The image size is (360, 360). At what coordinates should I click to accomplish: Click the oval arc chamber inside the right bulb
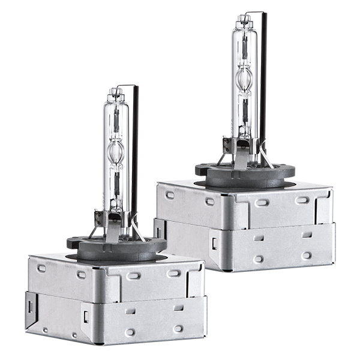pos(244,78)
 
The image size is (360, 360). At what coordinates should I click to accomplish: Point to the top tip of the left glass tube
pos(114,91)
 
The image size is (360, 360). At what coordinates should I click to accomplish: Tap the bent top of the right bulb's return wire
pos(256,12)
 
